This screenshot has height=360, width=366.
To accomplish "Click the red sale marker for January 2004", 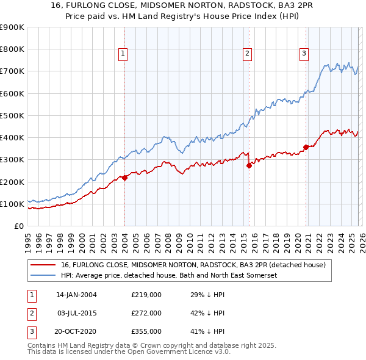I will click(124, 178).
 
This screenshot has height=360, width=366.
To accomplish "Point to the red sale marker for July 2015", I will click(249, 165).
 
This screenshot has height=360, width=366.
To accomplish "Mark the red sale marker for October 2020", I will click(306, 146).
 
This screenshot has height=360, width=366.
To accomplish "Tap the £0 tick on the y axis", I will click(20, 226).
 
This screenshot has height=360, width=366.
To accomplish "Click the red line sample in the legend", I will click(43, 265).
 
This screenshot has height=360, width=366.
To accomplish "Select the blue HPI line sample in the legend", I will click(43, 275).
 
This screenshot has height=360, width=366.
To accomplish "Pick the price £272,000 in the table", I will click(146, 313).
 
